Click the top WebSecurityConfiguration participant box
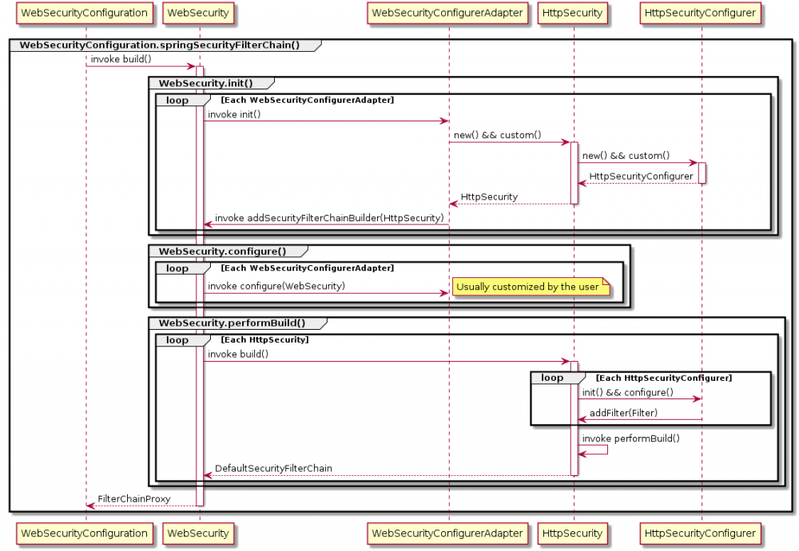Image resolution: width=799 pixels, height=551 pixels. click(85, 13)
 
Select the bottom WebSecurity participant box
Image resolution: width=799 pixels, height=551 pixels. click(197, 533)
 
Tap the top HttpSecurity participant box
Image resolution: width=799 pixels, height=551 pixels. click(573, 13)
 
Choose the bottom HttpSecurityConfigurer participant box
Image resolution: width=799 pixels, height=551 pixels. click(701, 533)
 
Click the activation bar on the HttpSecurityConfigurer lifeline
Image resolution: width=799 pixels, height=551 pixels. click(702, 172)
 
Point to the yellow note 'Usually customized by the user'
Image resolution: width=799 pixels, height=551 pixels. click(528, 287)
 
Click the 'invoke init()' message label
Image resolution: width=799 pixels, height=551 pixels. click(234, 114)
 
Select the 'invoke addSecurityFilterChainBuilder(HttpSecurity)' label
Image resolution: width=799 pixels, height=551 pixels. click(329, 218)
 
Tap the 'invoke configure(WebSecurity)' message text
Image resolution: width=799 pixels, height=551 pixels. click(276, 286)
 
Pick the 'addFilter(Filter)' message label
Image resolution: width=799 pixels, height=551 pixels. click(624, 413)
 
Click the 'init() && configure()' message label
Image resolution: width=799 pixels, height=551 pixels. click(627, 392)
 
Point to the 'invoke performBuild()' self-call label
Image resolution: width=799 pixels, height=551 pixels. click(630, 438)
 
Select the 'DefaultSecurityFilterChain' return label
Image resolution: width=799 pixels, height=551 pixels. click(273, 469)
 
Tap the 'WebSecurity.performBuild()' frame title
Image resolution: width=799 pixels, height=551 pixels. click(232, 323)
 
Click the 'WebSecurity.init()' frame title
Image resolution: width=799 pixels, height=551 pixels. click(205, 83)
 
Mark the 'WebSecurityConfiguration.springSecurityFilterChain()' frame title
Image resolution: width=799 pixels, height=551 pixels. click(159, 45)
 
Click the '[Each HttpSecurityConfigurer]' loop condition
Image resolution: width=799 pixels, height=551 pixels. click(663, 377)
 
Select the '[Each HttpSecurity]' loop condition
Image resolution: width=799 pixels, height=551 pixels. click(264, 339)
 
